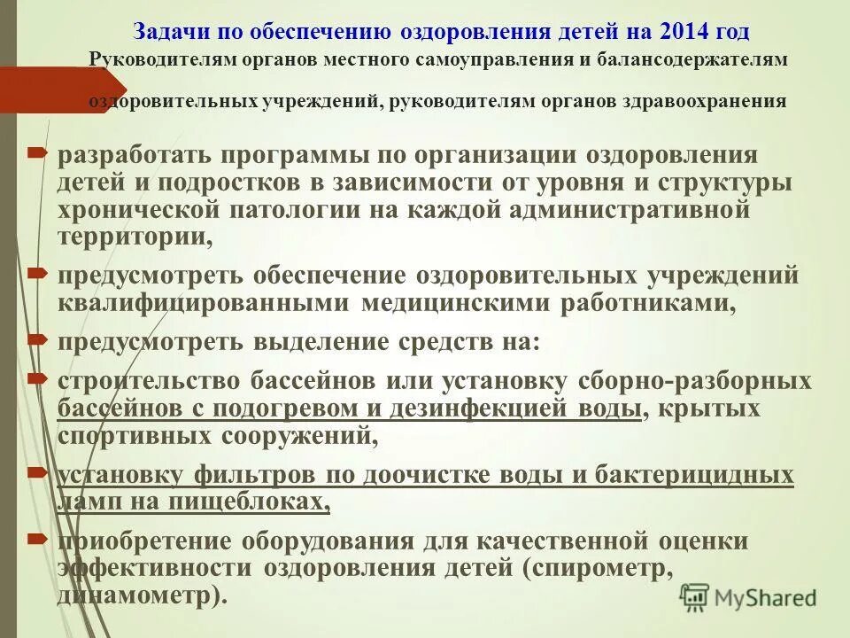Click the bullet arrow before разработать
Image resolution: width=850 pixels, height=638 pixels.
37,154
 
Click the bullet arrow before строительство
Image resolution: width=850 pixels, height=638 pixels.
37,378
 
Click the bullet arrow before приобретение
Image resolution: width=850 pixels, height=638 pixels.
37,539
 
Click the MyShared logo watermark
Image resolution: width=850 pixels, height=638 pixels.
748,597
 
